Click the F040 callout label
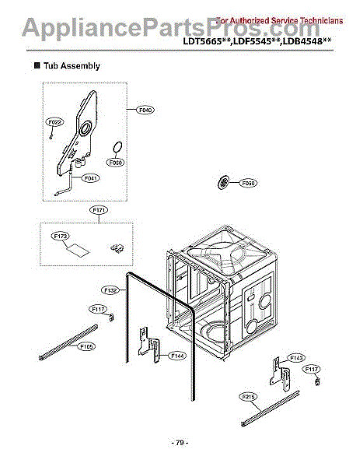145,110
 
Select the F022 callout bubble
54,122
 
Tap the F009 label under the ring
116,163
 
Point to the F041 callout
91,178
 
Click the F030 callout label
248,183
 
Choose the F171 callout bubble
100,210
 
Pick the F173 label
61,234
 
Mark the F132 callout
110,290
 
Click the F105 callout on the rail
85,346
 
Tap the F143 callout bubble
295,357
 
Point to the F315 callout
249,397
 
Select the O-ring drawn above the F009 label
116,146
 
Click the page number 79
180,443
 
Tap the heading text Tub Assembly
72,66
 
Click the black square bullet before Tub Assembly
36,66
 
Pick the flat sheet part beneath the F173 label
79,249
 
